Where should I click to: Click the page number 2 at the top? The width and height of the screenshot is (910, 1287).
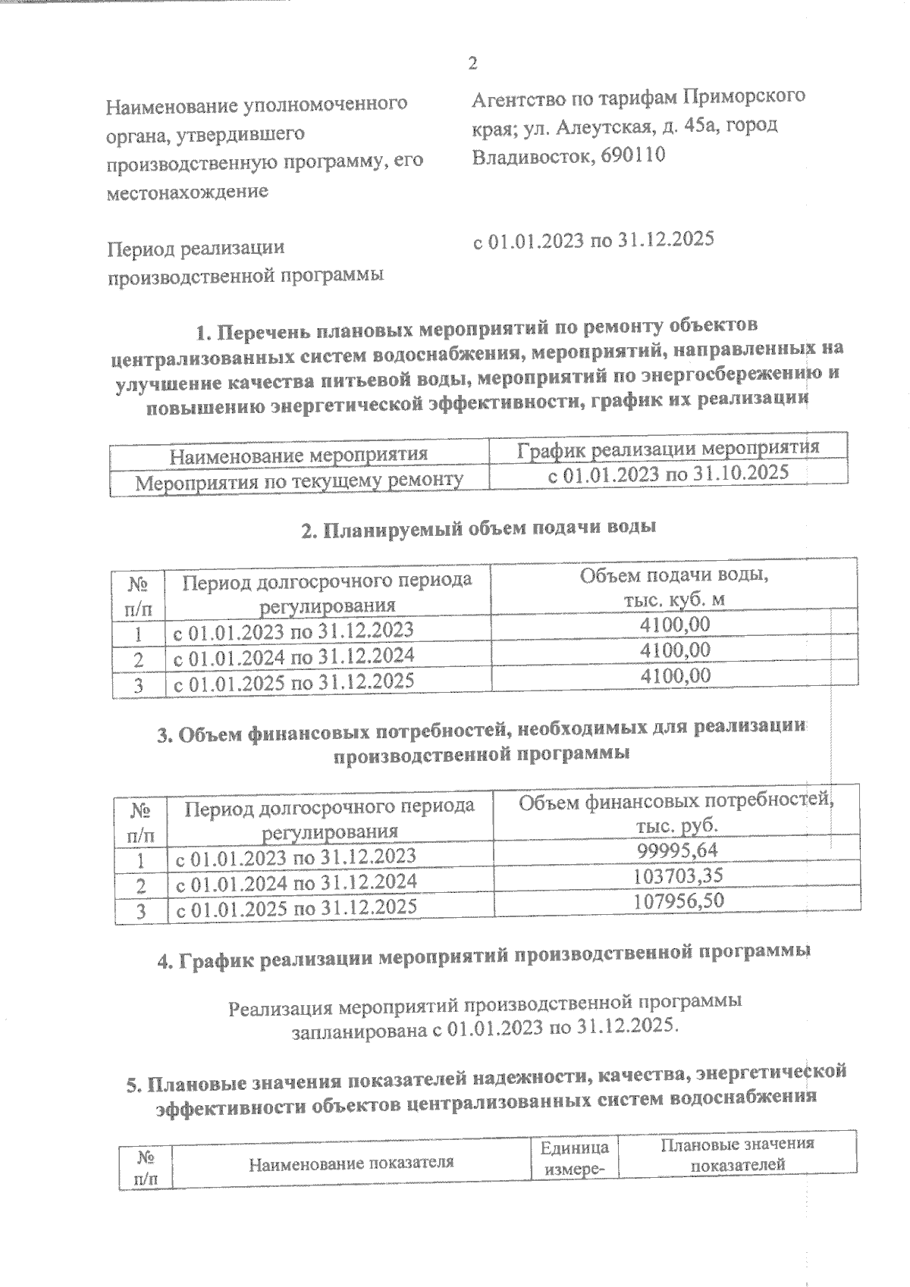(x=472, y=64)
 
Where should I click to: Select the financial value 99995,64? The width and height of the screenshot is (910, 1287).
(x=679, y=850)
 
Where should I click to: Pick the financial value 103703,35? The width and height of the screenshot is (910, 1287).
(x=678, y=876)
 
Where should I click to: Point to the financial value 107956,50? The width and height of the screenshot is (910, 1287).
(x=678, y=901)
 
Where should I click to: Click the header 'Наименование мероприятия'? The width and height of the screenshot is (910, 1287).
(x=298, y=455)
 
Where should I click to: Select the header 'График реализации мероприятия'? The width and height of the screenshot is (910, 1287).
(x=667, y=448)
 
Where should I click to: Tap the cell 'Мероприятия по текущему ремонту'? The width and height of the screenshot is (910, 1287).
(x=299, y=481)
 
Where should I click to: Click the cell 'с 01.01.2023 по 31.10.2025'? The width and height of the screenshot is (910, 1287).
(x=668, y=473)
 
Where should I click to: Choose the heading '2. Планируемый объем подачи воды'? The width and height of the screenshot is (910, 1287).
(x=479, y=529)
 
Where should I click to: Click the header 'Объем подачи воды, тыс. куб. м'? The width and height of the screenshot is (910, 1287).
(x=673, y=587)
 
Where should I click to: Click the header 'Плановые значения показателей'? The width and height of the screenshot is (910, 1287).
(x=737, y=1154)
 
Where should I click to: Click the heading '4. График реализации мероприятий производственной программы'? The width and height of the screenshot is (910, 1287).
(x=483, y=958)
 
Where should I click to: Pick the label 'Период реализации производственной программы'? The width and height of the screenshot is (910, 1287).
(x=245, y=261)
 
